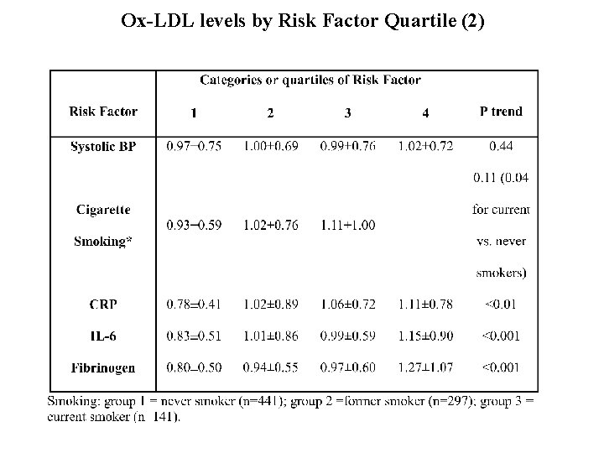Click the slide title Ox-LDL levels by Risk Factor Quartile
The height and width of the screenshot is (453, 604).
302,20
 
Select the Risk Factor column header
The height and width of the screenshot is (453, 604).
103,112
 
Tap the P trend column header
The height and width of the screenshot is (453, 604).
501,112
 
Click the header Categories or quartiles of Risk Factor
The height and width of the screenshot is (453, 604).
310,80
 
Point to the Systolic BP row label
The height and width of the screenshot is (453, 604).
103,146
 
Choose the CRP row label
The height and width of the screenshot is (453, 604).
103,303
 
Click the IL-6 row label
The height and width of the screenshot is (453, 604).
103,336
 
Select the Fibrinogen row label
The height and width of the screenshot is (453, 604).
103,367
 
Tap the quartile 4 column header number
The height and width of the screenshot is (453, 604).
426,112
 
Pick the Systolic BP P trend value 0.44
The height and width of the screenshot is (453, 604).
501,146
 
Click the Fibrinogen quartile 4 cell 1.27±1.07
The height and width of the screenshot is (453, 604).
426,367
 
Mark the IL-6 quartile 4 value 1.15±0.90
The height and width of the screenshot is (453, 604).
426,336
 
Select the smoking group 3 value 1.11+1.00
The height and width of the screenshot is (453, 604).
347,225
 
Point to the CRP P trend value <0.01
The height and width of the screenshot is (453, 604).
501,303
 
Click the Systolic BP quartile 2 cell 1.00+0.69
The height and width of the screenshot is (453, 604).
271,146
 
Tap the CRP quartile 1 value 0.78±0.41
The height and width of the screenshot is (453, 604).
193,303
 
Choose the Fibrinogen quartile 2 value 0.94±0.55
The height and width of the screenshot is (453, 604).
271,367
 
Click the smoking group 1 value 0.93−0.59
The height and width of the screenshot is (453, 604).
193,225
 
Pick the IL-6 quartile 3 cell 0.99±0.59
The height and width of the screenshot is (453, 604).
347,336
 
